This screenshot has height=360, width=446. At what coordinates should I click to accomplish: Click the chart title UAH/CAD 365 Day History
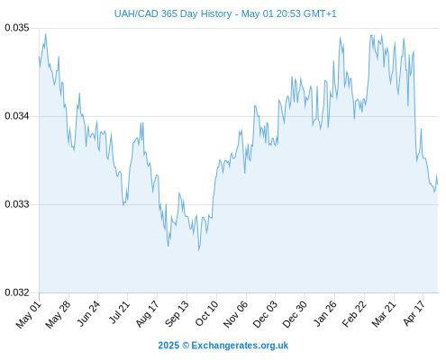tap(173, 13)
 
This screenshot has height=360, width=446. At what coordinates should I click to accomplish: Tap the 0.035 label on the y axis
tap(17, 28)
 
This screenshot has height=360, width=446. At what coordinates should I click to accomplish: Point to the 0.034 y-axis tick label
tap(17, 116)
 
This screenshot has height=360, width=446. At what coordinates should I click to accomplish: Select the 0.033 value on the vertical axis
tap(17, 204)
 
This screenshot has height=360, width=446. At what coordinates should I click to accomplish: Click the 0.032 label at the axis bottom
tap(17, 292)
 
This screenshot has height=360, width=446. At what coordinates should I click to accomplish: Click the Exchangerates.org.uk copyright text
tap(223, 346)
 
